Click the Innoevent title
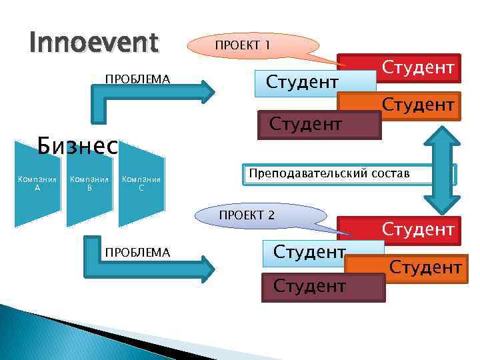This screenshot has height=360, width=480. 94,43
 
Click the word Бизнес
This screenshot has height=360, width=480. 77,145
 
